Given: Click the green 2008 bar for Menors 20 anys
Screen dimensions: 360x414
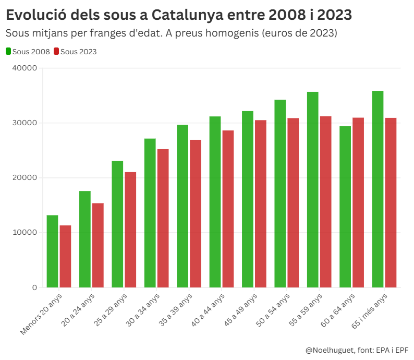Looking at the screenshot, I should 52,251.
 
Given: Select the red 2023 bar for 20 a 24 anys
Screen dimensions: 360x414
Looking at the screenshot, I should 98,245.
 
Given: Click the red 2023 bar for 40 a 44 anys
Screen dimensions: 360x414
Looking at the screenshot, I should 228,209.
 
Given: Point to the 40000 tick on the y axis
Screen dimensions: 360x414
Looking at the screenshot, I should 26,68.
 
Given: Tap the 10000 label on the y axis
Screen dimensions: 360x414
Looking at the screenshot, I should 26,233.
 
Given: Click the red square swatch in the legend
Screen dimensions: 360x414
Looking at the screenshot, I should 56,52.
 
